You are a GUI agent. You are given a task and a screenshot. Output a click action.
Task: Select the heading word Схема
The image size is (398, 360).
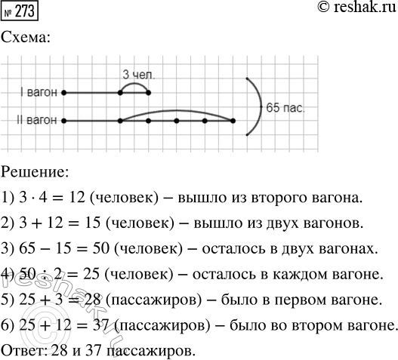26,38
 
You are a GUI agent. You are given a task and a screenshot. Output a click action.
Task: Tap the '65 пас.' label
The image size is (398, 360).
286,109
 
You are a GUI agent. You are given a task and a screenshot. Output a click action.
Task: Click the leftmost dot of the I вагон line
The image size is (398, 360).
64,93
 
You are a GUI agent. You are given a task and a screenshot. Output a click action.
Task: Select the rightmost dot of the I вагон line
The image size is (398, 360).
149,93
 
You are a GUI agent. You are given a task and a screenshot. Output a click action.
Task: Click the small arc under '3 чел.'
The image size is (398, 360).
134,85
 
